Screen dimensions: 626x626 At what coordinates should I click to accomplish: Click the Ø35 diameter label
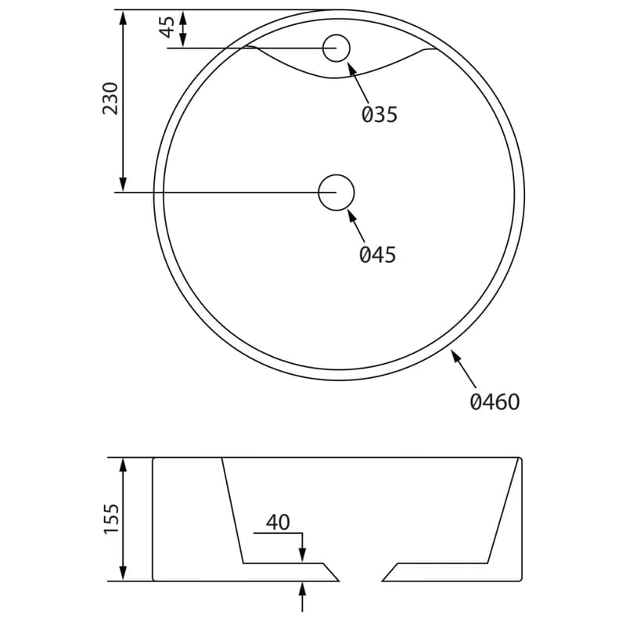click(380, 114)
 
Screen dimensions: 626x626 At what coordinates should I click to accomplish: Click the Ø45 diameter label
click(377, 254)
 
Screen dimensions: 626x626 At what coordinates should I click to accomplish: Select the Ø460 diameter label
click(495, 401)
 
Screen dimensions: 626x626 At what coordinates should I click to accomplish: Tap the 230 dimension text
click(110, 99)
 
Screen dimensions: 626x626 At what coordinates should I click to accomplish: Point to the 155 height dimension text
click(111, 519)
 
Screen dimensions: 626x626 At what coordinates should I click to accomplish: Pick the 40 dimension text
click(279, 522)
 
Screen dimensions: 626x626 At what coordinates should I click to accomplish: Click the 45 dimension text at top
click(167, 27)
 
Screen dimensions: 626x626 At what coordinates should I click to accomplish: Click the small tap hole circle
click(336, 49)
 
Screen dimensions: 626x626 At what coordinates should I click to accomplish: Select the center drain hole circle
click(336, 192)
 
